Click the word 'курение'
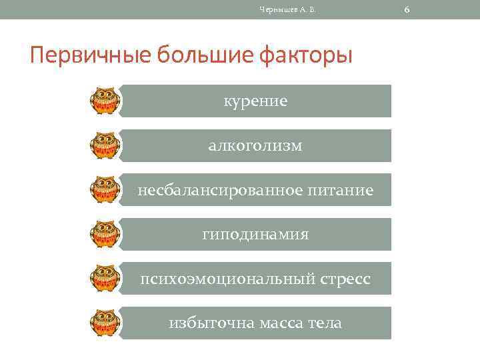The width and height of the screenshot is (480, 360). [255, 101]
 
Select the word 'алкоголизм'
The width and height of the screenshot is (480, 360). [255, 145]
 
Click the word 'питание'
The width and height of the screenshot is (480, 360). [341, 191]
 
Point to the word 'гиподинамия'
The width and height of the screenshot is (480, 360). [255, 235]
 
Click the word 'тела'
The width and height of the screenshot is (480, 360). [325, 323]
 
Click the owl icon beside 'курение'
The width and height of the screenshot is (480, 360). [105, 101]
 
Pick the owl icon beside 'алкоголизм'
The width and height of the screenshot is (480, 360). [105, 145]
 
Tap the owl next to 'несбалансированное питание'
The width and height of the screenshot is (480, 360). [105, 189]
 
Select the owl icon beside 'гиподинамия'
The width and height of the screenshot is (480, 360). [105, 234]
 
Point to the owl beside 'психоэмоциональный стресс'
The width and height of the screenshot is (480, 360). [105, 279]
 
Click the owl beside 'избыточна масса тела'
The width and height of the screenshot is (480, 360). [105, 323]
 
